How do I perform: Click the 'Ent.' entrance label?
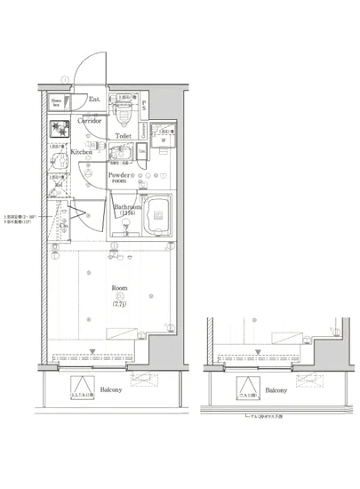(x=95, y=100)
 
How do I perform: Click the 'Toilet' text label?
(x=123, y=137)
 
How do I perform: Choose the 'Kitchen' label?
(x=82, y=153)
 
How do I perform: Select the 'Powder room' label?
(x=122, y=178)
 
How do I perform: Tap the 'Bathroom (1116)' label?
(x=127, y=211)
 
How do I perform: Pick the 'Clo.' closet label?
(x=64, y=225)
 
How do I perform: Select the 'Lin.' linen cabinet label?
(x=141, y=152)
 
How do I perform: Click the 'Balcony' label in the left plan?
(x=110, y=390)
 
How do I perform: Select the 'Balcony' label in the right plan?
(x=275, y=390)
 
